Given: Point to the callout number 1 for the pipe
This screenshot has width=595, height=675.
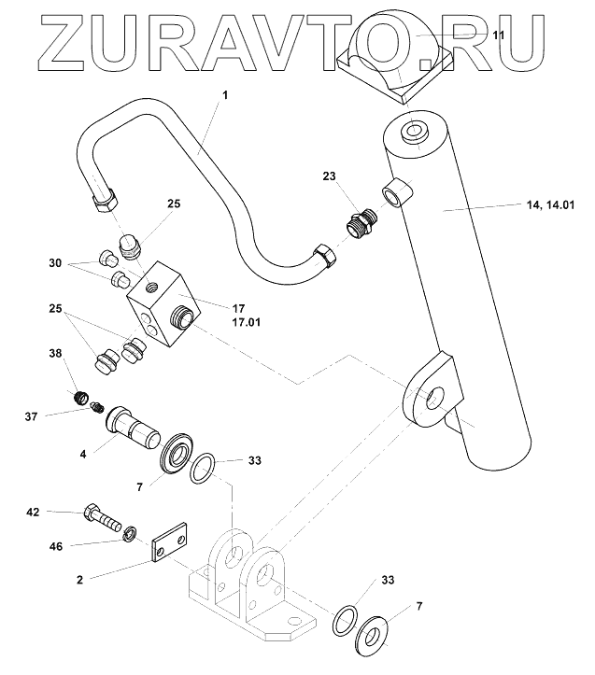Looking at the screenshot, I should pyautogui.click(x=224, y=95).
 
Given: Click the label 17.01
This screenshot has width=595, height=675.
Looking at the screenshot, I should pyautogui.click(x=246, y=323).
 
